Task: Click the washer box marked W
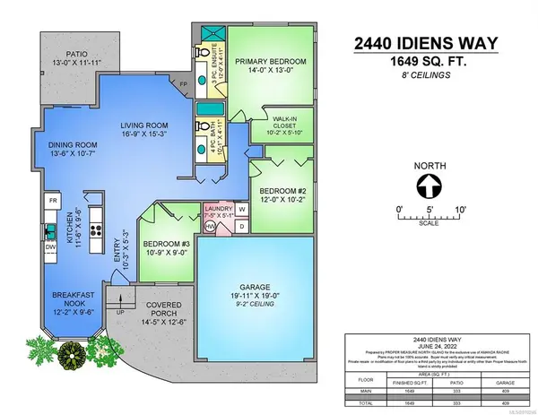241,210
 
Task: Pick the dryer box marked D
241,227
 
